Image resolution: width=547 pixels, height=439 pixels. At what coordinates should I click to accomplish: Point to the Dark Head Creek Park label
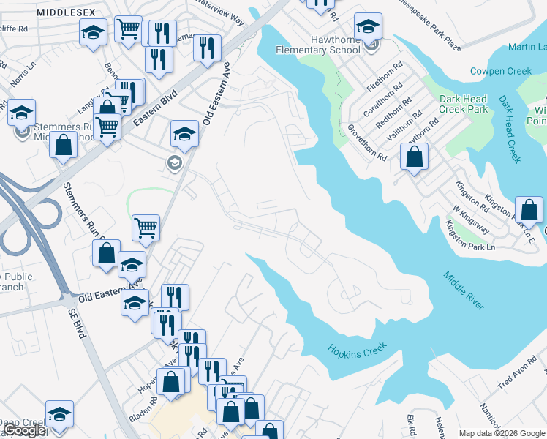(x=463, y=104)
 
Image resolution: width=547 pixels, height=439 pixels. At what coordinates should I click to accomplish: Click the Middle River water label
(x=463, y=290)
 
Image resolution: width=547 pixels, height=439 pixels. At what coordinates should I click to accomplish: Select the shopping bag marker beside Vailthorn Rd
(x=414, y=157)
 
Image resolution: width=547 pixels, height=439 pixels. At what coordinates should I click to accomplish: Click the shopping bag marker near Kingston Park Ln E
(x=529, y=210)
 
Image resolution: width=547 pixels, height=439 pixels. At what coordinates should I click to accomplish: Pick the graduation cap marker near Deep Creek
(x=59, y=414)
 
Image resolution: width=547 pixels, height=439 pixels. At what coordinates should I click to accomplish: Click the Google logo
(x=25, y=431)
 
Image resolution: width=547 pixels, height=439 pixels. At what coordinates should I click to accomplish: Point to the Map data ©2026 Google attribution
(x=502, y=432)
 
